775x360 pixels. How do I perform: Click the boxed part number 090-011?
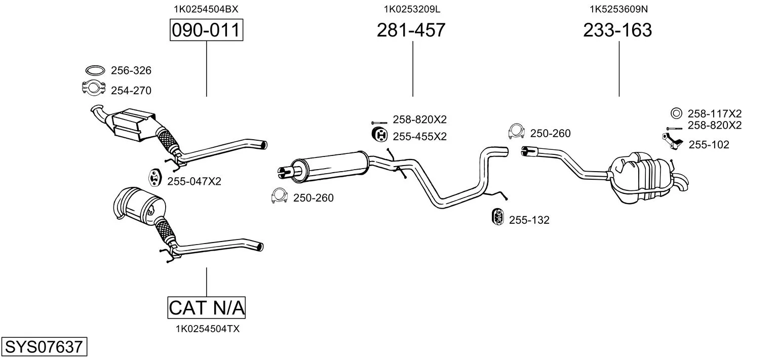click(206, 30)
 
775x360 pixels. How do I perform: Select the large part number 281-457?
click(411, 30)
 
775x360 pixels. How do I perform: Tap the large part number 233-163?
click(617, 30)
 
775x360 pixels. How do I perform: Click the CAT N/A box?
click(206, 307)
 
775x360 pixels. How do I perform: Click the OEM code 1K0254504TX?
click(207, 329)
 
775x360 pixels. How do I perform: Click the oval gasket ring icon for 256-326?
click(95, 70)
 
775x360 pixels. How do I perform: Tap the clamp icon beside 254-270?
click(93, 88)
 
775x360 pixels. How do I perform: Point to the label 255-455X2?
click(419, 136)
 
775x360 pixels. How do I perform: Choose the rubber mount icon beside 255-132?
click(497, 217)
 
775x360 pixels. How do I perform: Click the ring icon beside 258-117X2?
click(676, 113)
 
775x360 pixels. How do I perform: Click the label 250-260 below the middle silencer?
click(314, 198)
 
